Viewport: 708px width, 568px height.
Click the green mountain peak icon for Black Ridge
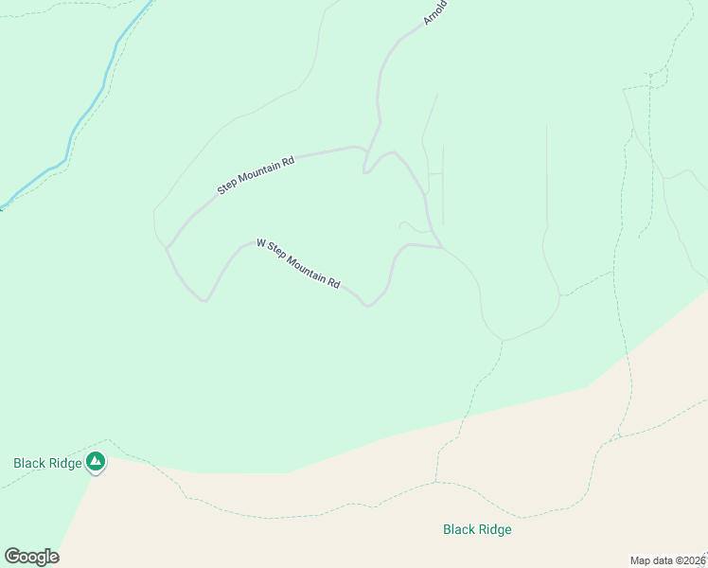point(95,462)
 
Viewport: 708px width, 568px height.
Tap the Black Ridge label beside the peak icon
point(47,463)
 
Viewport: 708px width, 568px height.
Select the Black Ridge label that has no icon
point(477,529)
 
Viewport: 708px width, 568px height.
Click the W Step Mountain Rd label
point(298,264)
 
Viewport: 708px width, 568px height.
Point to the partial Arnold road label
point(434,11)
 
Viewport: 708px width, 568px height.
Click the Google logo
point(31,557)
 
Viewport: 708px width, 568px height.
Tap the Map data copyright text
point(668,560)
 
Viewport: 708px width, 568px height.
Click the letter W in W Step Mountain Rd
point(261,243)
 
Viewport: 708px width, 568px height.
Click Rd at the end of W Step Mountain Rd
point(333,282)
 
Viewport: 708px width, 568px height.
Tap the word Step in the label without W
point(227,186)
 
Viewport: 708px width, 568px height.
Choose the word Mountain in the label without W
point(260,171)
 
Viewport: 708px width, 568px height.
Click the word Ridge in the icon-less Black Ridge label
point(494,529)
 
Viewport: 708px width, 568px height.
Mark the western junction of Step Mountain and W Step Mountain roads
point(168,248)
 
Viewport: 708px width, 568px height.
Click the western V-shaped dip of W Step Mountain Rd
point(204,301)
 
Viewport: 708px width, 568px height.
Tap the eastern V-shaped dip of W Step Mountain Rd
point(367,306)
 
